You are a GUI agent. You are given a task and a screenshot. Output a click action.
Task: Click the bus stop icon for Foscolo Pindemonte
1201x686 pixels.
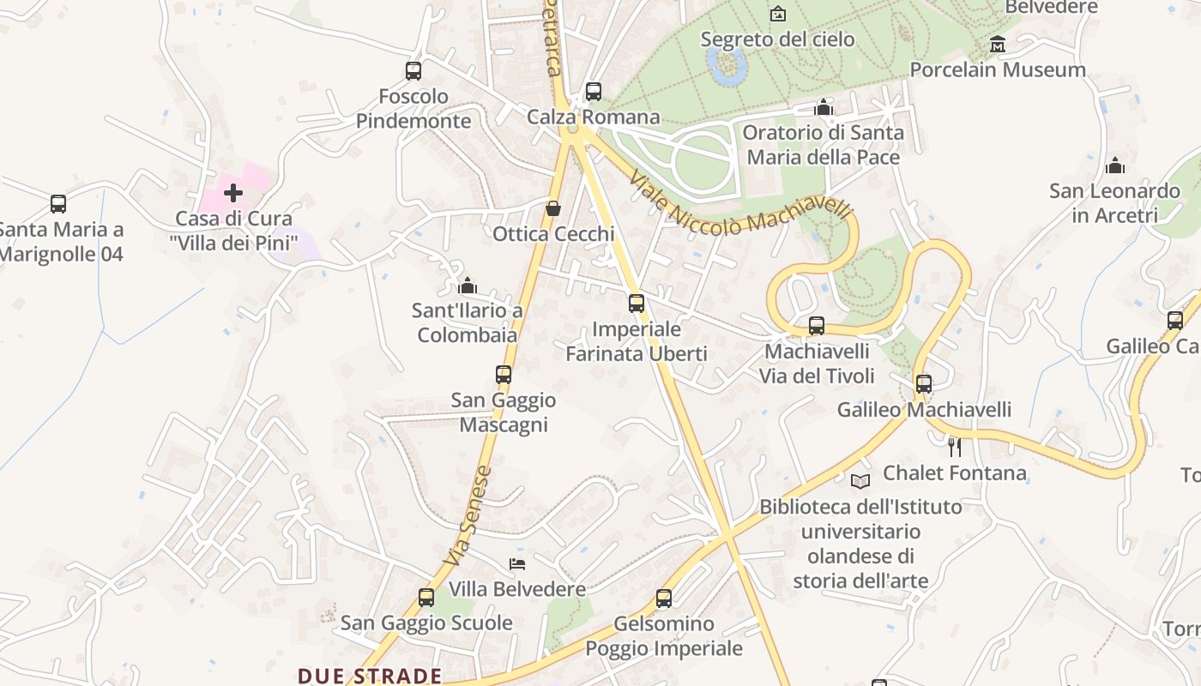tap(413, 71)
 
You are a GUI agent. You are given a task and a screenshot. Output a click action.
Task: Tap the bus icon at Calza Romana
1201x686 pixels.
tap(593, 92)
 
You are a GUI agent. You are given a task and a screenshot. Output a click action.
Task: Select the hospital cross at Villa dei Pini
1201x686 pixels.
tap(232, 193)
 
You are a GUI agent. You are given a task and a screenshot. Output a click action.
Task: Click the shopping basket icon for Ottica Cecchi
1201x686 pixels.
tap(553, 208)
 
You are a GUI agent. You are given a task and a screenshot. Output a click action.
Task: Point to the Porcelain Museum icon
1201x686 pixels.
tap(998, 44)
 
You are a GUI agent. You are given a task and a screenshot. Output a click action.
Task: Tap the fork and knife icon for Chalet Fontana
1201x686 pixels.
tap(953, 447)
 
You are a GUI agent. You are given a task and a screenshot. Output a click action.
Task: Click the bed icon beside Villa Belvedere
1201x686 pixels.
tap(517, 563)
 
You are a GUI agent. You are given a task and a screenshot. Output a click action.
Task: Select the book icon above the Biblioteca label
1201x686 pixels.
tap(860, 481)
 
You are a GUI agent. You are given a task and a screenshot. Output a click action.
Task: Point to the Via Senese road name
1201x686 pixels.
tap(468, 514)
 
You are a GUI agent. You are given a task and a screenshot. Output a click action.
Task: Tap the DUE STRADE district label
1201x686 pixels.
tap(370, 676)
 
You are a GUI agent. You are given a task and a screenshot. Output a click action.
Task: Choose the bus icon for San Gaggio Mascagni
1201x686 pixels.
tap(504, 375)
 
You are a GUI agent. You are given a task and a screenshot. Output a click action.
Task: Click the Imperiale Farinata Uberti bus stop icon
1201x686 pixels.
tap(636, 304)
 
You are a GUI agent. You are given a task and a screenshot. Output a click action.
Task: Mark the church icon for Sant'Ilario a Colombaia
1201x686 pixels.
tap(468, 285)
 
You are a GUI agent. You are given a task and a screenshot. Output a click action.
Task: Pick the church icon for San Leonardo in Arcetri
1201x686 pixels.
tap(1114, 165)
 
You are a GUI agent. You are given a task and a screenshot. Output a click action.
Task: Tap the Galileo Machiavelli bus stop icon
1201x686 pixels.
tap(923, 384)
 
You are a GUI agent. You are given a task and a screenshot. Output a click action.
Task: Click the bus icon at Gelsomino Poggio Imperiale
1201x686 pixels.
tap(664, 599)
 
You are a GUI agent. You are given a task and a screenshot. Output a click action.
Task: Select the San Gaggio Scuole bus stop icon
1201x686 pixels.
tap(426, 598)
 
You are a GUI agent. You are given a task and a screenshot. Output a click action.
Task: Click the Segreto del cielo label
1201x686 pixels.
tap(777, 39)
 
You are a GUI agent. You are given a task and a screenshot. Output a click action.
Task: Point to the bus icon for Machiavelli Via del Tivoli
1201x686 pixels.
tap(817, 326)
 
